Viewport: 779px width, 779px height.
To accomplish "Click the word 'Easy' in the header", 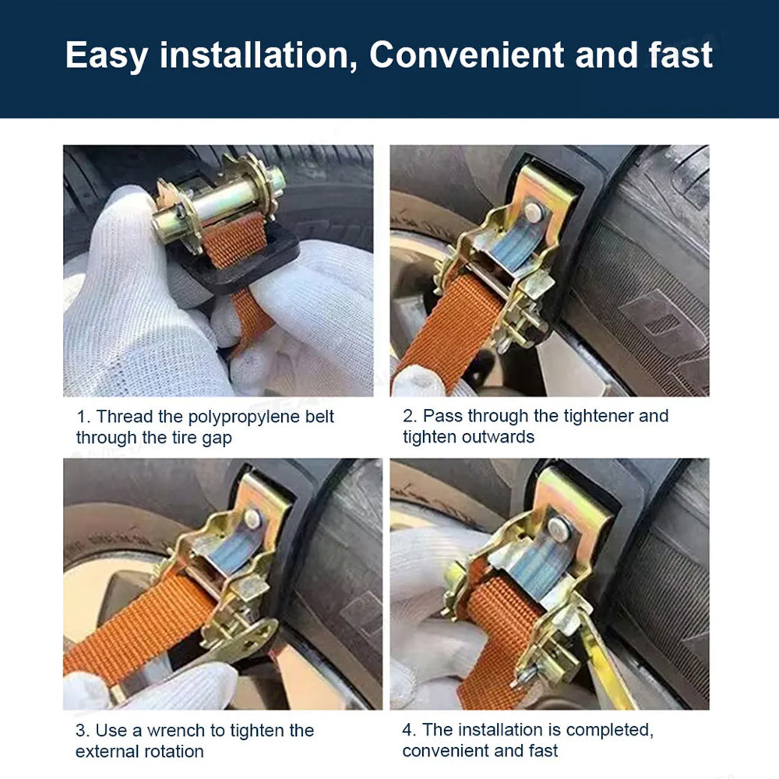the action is click(106, 55).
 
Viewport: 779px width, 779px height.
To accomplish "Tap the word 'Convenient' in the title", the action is click(467, 55).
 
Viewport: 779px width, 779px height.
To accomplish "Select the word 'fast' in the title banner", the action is click(681, 55).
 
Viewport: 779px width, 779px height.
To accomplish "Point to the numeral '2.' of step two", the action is click(410, 416).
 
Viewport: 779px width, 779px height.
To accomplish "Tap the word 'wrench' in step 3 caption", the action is click(176, 731).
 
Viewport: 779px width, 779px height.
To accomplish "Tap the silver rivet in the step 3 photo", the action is click(252, 518).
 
